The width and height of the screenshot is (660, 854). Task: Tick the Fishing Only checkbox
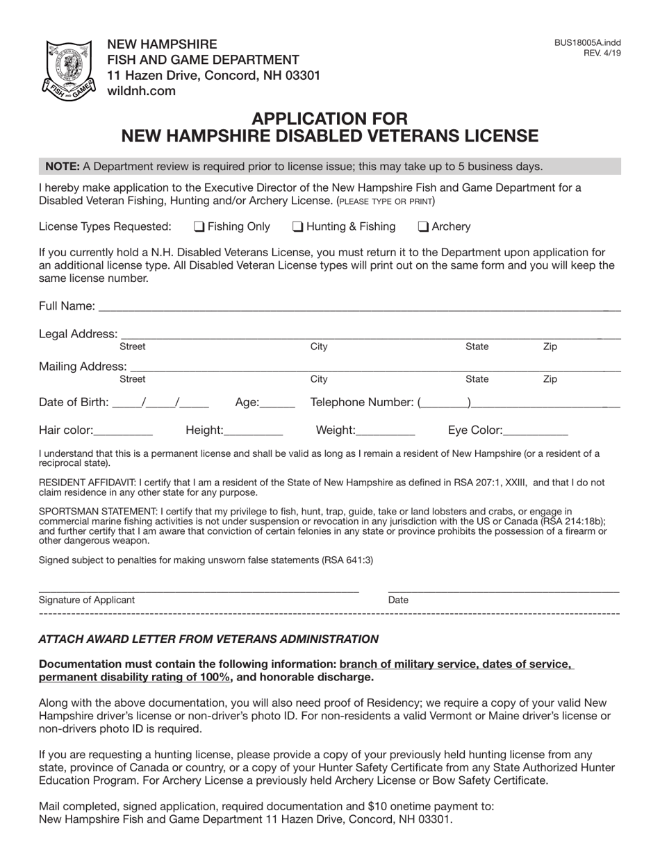point(199,226)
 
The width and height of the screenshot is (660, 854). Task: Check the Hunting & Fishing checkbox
point(297,226)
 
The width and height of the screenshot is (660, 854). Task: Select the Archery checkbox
point(423,226)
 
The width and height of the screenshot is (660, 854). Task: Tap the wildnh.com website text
point(141,91)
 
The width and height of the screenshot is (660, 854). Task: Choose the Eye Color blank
point(536,431)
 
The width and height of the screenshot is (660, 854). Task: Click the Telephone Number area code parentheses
point(445,403)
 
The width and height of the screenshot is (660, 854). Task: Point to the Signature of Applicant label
point(87,600)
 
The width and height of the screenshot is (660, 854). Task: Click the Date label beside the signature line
point(398,600)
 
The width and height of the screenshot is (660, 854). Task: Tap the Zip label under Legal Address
point(550,346)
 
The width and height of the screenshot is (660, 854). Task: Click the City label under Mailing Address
point(319,379)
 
